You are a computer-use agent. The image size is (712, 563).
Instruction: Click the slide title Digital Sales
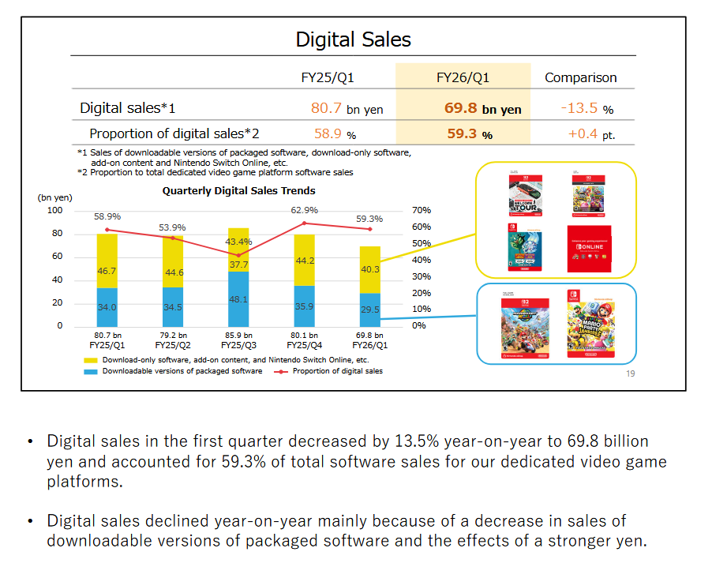[x=353, y=39]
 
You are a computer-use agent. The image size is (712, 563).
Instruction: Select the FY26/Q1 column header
[x=463, y=77]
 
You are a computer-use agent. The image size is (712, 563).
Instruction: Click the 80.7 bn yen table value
[x=347, y=108]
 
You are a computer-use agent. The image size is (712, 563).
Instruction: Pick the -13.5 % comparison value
[x=586, y=108]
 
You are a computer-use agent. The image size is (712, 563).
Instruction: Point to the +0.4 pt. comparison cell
[x=590, y=134]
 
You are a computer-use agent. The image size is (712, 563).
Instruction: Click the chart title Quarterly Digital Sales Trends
[x=238, y=190]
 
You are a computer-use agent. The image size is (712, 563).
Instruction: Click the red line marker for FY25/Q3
[x=239, y=255]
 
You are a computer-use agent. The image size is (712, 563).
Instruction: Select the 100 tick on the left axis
[x=55, y=210]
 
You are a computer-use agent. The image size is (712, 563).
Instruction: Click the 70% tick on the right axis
[x=422, y=210]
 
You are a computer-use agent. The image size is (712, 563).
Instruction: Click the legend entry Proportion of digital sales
[x=337, y=370]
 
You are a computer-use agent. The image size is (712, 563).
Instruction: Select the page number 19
[x=630, y=373]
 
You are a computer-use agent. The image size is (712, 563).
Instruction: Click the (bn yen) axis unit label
[x=54, y=197]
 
